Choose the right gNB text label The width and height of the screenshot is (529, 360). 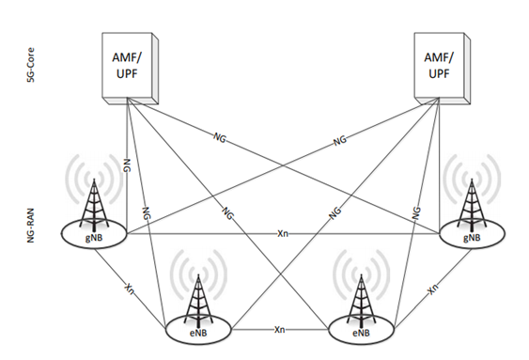point(475,237)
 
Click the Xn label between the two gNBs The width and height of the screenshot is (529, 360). point(282,231)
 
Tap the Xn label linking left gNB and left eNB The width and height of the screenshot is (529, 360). point(130,288)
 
